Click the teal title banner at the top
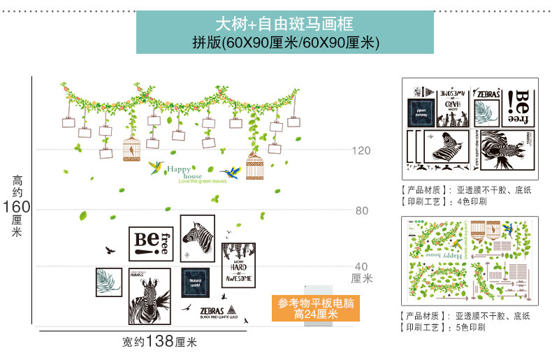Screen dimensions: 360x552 click(x=285, y=31)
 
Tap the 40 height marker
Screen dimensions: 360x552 click(x=361, y=266)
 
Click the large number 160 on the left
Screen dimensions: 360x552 click(x=17, y=207)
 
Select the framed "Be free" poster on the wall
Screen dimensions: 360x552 click(x=151, y=243)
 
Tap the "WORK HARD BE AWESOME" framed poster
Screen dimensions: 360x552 click(x=238, y=266)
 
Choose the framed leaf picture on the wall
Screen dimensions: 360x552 click(x=109, y=282)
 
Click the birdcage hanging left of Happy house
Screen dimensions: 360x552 click(x=131, y=147)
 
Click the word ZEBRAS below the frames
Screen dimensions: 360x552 click(x=211, y=310)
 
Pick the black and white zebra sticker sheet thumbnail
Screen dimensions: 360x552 click(x=470, y=128)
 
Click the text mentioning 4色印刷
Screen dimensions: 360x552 click(x=443, y=201)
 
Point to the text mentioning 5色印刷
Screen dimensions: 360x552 click(x=443, y=327)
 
